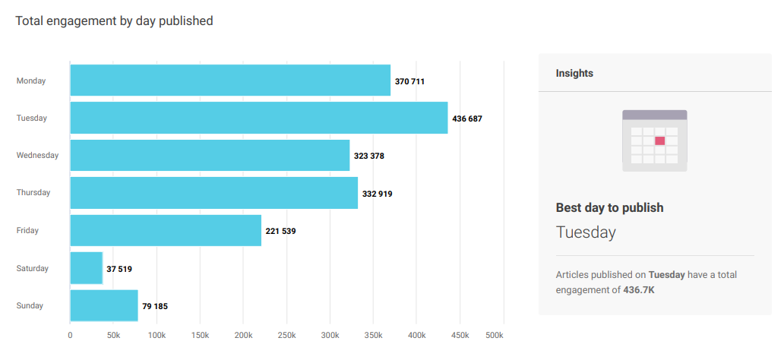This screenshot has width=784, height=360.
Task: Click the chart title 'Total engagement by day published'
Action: (114, 21)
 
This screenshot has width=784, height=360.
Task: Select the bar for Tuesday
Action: (258, 118)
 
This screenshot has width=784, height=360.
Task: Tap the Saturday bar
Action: (86, 268)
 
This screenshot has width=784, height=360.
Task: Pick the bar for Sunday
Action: (104, 305)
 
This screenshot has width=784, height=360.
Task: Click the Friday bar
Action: (166, 230)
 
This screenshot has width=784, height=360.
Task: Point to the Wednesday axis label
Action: (37, 156)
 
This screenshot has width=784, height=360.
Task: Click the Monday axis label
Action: (31, 81)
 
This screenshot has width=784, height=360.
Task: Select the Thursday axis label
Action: (33, 193)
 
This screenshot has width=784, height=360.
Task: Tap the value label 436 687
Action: (467, 118)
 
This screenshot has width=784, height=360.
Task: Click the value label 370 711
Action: (409, 81)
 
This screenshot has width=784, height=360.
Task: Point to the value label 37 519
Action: (119, 269)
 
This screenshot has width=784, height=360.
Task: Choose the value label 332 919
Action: (378, 194)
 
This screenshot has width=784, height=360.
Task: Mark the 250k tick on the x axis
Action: (287, 335)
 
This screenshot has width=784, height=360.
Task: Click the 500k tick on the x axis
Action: (494, 335)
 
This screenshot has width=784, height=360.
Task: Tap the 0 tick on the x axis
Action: (70, 335)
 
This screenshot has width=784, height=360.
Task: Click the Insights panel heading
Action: (574, 74)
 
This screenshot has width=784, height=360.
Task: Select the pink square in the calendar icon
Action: (659, 141)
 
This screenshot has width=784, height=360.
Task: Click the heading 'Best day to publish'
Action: (609, 207)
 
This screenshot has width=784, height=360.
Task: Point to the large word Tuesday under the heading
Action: (586, 232)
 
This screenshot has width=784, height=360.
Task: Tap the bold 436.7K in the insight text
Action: (638, 289)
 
